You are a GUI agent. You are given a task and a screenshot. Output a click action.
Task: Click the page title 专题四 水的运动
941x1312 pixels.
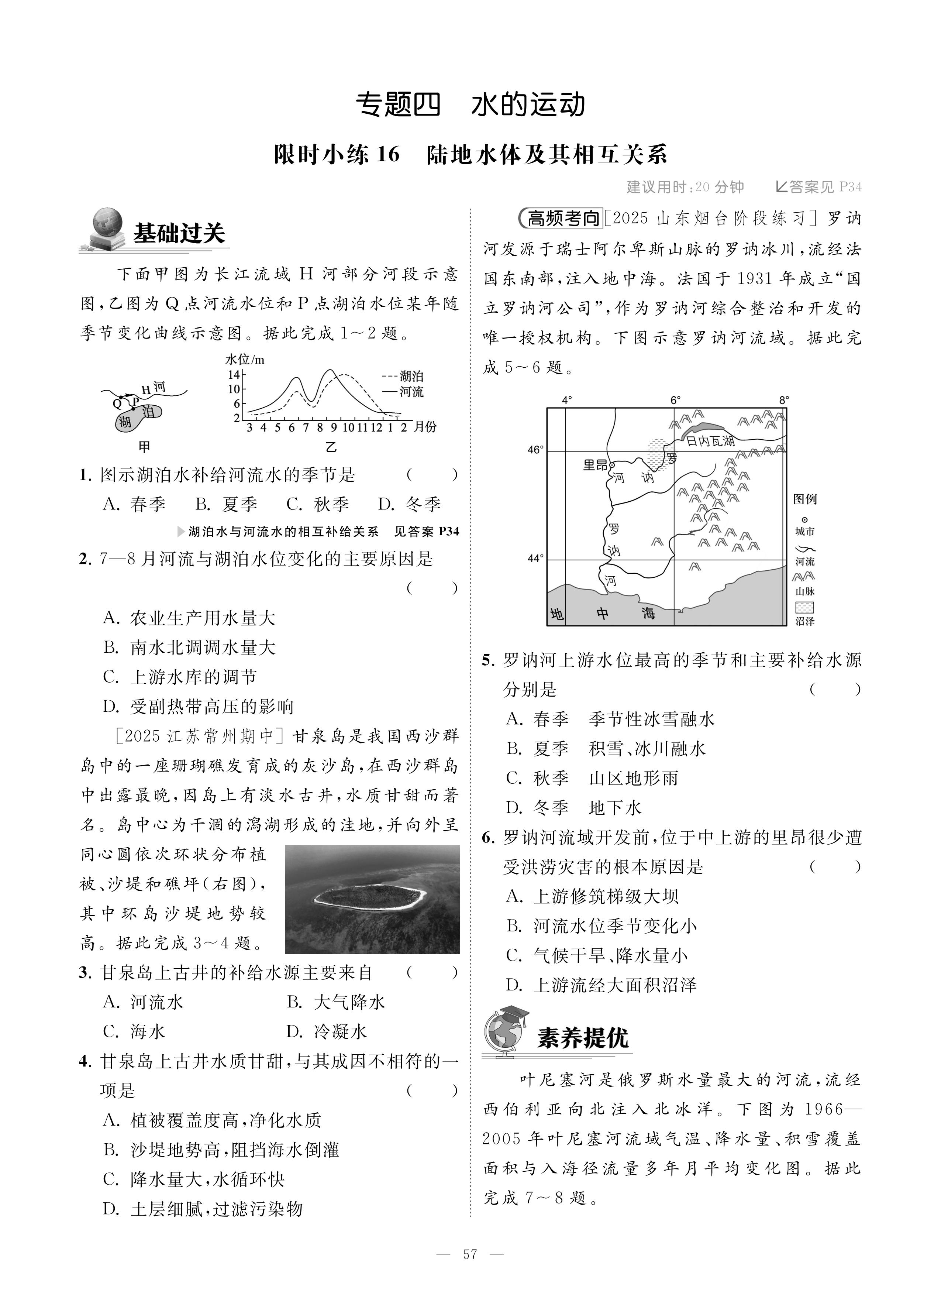[470, 105]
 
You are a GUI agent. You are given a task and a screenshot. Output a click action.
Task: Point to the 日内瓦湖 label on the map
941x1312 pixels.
[710, 441]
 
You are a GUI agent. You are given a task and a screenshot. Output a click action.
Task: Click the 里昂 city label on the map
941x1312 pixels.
[596, 464]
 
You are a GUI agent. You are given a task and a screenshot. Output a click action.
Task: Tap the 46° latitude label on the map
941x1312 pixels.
[535, 450]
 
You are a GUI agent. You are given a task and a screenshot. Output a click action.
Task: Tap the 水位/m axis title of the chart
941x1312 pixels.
[244, 359]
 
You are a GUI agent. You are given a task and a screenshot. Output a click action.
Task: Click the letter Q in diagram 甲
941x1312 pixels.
[117, 403]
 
